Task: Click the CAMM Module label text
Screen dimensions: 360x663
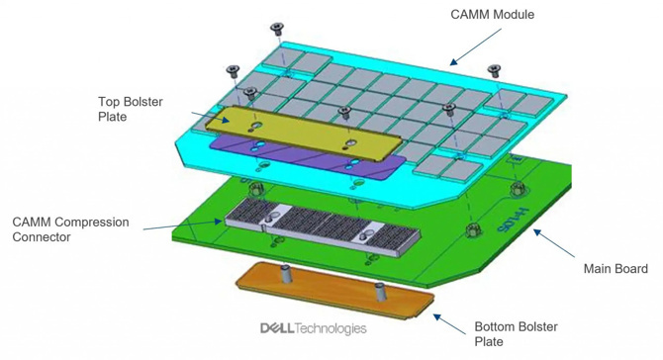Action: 492,15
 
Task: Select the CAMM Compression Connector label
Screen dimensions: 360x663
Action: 70,229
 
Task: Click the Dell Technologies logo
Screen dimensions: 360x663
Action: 313,328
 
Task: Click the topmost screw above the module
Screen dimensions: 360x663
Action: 276,29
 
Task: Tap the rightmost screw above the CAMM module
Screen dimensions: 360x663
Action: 494,70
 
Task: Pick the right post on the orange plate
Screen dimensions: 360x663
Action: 380,289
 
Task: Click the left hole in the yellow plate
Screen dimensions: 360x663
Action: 255,126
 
